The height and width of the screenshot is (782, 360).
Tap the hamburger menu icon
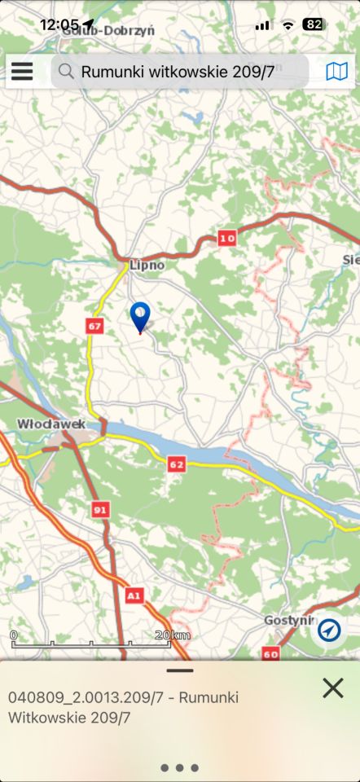click(x=22, y=72)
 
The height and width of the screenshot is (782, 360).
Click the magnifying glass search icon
click(x=67, y=72)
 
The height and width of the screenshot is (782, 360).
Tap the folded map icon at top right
click(x=336, y=72)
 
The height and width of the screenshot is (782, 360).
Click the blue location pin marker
click(x=140, y=316)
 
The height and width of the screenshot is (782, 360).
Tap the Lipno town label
click(x=147, y=265)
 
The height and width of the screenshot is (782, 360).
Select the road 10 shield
click(x=226, y=238)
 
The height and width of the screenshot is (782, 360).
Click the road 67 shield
click(x=94, y=326)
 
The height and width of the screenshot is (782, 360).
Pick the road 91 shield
click(x=101, y=509)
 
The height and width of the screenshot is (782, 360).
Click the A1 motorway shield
click(x=134, y=597)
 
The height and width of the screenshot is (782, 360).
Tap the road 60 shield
click(x=270, y=653)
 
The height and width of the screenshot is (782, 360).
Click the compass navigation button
click(x=330, y=630)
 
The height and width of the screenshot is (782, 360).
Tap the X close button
click(x=332, y=688)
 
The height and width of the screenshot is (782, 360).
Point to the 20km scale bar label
click(x=172, y=635)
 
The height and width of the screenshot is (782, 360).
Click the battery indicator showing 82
click(x=313, y=24)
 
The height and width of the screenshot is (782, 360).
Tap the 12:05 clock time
click(x=59, y=24)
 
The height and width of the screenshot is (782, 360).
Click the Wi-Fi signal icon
click(x=288, y=24)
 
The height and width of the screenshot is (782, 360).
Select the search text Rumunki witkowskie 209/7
click(x=178, y=72)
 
